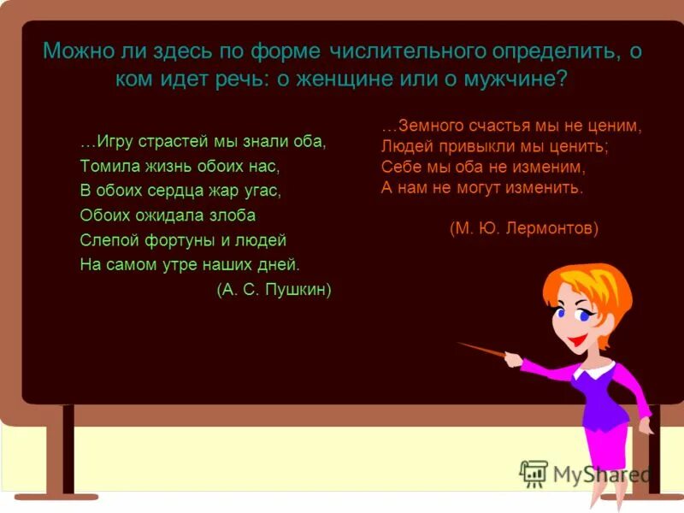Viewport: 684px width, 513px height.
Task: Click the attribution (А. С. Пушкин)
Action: tap(274, 290)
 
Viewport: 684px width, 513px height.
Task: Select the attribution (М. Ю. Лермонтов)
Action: tap(523, 229)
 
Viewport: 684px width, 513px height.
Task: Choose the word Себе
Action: tap(398, 167)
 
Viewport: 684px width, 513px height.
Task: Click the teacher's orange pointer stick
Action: tap(483, 350)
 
